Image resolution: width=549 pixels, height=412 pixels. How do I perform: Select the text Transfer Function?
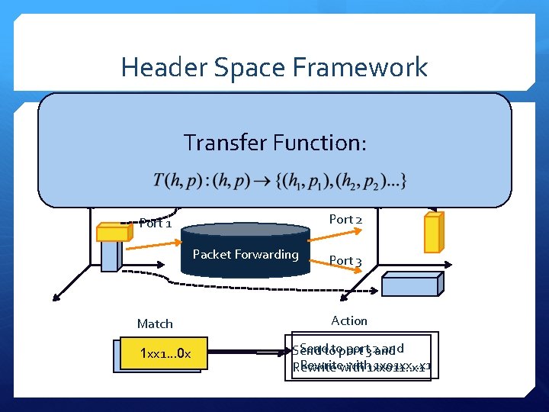275,143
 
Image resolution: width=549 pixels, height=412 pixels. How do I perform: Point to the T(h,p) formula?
280,182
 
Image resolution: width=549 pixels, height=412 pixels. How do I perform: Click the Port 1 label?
156,224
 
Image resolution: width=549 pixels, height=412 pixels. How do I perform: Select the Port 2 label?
345,220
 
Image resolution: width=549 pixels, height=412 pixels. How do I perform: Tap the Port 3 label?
345,261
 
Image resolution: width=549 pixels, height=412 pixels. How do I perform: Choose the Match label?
155,324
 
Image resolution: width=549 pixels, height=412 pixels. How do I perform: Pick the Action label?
349,321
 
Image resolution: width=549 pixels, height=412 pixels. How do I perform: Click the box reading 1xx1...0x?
165,354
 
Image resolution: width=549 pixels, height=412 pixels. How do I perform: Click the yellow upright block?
433,233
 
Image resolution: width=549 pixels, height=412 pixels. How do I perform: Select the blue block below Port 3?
409,285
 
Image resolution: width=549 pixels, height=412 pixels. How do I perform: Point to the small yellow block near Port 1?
112,231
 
